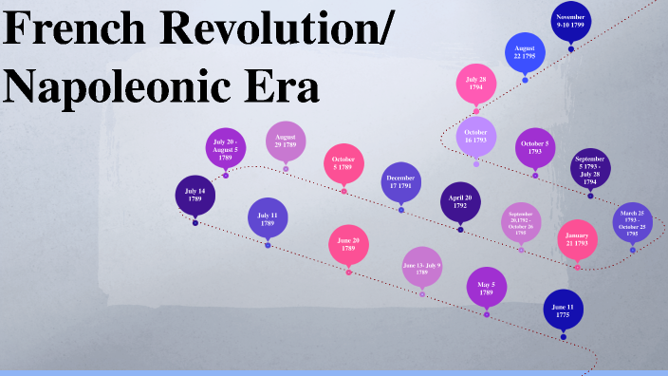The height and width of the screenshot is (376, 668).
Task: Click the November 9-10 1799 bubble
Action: [x=571, y=20]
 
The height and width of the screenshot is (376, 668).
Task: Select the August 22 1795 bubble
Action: [x=525, y=52]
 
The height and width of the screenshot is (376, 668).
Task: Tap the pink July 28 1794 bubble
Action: [x=476, y=84]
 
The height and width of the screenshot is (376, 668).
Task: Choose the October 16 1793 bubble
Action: [x=476, y=135]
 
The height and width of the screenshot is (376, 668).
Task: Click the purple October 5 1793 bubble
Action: [x=535, y=147]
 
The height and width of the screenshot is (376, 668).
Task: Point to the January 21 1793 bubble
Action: [x=577, y=238]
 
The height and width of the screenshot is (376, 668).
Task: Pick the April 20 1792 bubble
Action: [x=461, y=201]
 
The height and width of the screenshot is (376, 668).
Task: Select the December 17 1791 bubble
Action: [x=401, y=181]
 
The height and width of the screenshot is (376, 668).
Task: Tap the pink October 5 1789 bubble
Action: [x=343, y=162]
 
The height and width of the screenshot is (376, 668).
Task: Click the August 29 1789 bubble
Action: [x=286, y=141]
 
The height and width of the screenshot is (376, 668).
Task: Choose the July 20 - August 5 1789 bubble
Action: [x=226, y=147]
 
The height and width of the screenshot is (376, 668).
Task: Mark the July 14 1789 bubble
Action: [x=195, y=195]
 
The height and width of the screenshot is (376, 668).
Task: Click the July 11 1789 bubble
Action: [x=268, y=217]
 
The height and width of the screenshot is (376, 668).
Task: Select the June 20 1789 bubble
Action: [x=348, y=245]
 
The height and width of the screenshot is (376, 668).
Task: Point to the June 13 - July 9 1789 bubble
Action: [x=422, y=266]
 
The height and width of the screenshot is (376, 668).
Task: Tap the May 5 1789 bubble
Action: [x=487, y=287]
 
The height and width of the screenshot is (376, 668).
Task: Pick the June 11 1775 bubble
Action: [x=563, y=309]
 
